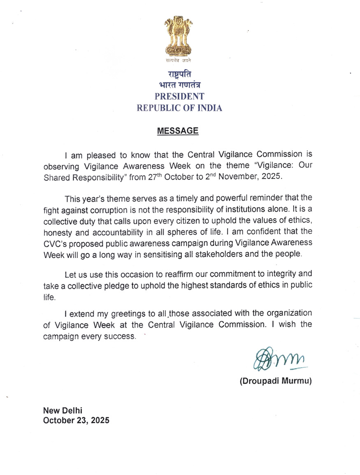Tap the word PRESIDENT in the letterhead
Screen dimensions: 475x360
[179, 97]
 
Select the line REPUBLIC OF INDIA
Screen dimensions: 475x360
[179, 108]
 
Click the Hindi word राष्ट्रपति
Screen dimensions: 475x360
[179, 75]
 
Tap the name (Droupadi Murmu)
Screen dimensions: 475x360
[276, 381]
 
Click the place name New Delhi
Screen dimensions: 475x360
[63, 410]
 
